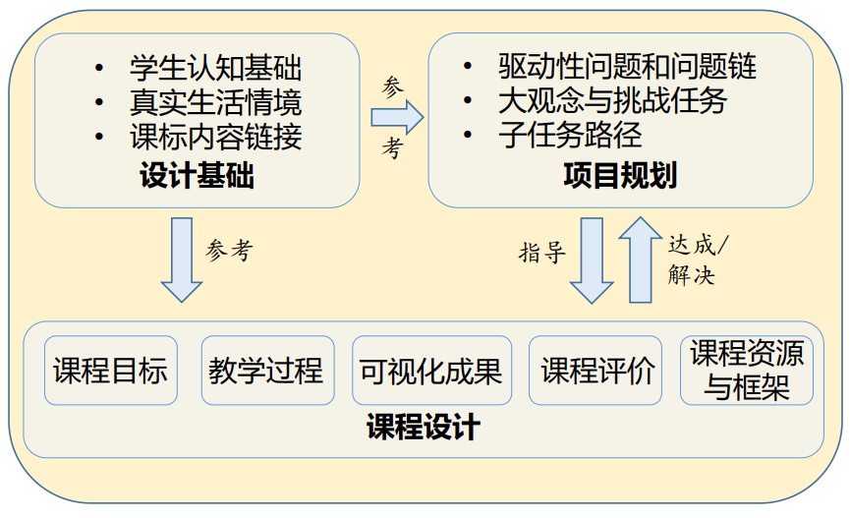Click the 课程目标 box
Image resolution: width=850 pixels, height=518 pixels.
point(111,371)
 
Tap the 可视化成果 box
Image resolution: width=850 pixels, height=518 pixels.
point(431,371)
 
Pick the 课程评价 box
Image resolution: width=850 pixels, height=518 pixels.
point(597,371)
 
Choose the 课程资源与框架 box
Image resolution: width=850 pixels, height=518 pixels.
point(747,371)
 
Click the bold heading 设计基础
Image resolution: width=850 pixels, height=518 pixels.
point(197,177)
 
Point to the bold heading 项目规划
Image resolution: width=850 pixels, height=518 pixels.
point(620,176)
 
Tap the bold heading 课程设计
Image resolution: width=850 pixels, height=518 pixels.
point(424,429)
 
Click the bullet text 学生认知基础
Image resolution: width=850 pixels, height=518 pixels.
point(214,68)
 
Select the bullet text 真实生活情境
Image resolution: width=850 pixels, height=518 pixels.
point(214,102)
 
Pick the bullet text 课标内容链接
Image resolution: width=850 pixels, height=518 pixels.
point(214,137)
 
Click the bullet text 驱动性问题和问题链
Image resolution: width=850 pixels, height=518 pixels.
point(626,67)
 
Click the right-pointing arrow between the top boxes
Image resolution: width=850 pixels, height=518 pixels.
point(396,118)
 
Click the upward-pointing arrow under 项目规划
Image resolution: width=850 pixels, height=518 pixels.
point(642,259)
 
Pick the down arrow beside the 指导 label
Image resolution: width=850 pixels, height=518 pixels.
point(592,260)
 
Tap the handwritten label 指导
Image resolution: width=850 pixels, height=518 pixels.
point(542,253)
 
